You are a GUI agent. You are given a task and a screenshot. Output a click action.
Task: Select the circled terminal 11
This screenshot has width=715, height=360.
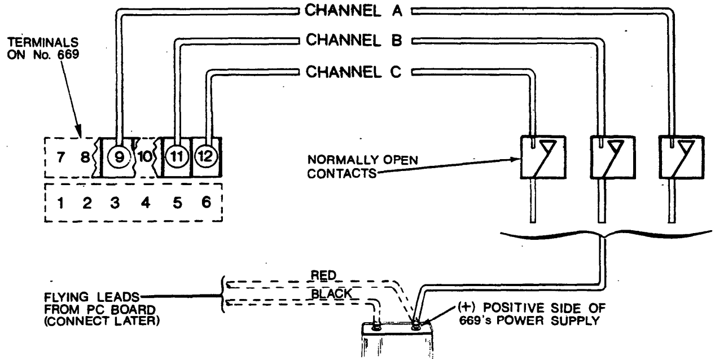coord(177,157)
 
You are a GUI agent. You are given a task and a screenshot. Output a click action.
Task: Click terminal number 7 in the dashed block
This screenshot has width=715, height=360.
coord(60,157)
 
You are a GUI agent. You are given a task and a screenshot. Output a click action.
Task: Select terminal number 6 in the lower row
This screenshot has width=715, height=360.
coord(207,201)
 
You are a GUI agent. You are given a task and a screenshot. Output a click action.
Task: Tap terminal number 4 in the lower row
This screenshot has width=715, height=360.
coord(146,201)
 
